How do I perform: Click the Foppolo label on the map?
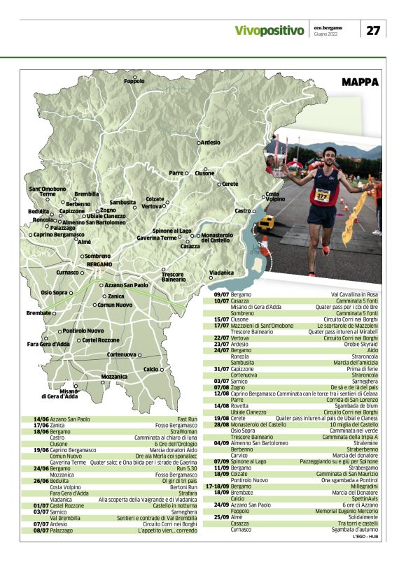pos(134,82)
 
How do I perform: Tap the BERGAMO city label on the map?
pos(99,264)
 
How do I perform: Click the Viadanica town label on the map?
pos(221,272)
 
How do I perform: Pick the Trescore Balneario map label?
pos(173,277)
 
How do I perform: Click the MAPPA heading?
pos(360,82)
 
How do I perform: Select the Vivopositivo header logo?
pos(269,31)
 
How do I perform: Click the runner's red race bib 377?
pos(322,196)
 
